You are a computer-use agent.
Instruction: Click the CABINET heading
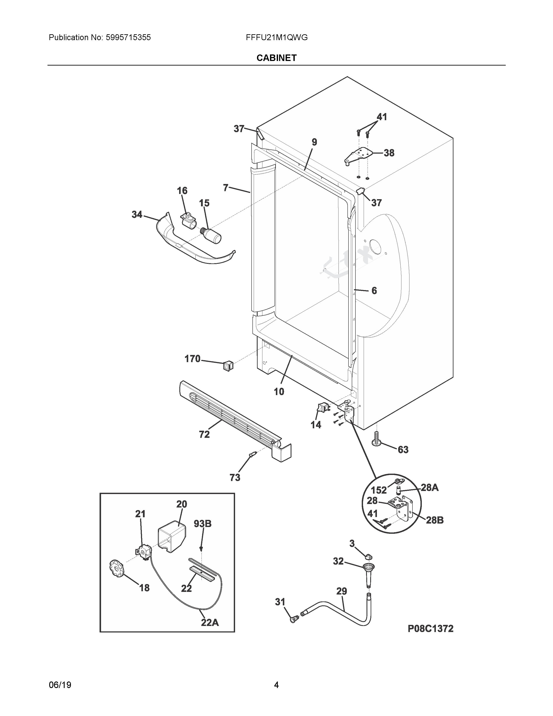(x=276, y=58)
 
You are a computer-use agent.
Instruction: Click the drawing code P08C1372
(x=430, y=629)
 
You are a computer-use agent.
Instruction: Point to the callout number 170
(x=192, y=359)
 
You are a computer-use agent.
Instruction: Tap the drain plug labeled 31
(x=294, y=618)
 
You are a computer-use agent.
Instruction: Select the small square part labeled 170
(x=228, y=365)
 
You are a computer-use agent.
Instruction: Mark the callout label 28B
(x=435, y=520)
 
